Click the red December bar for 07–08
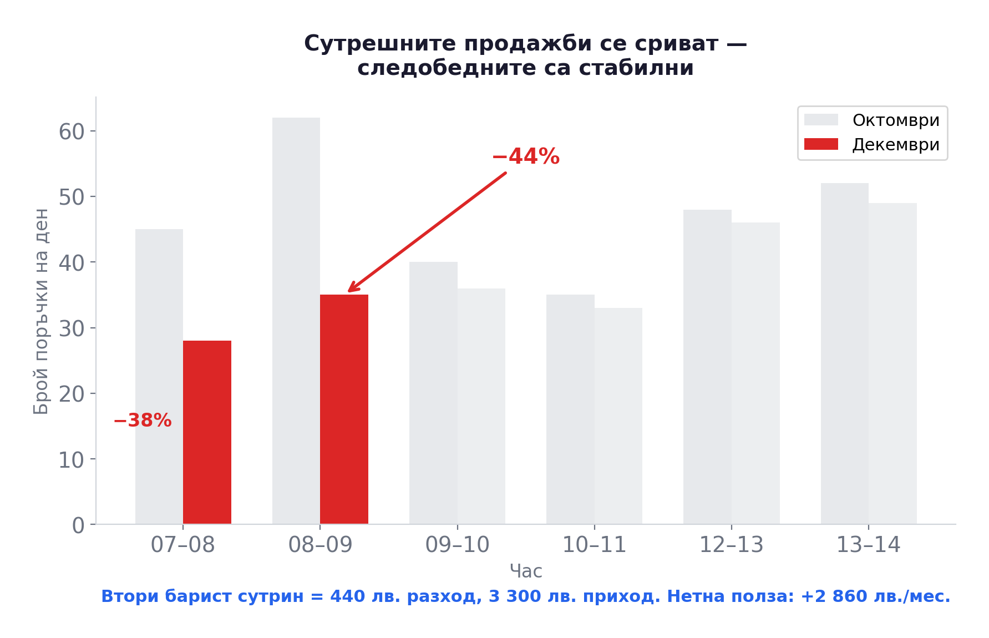tap(207, 432)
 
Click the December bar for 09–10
tap(481, 406)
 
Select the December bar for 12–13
tap(755, 373)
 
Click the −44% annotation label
tap(525, 156)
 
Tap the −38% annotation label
tap(143, 421)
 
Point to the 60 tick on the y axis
tap(72, 131)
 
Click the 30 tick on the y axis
tap(72, 328)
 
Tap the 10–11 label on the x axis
tap(594, 545)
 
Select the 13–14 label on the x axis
tap(868, 545)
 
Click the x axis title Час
tap(526, 571)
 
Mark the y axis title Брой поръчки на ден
tap(42, 311)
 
